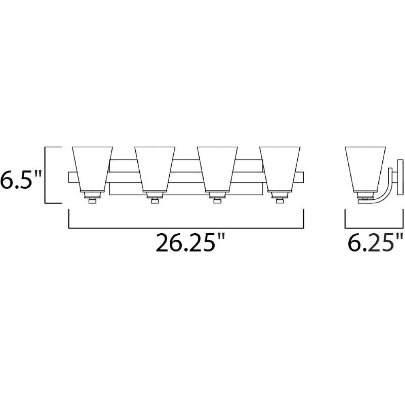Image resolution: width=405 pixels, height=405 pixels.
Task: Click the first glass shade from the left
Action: click(92, 169)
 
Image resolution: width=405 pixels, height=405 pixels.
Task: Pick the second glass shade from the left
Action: click(155, 169)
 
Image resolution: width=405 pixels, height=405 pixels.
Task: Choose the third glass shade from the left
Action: click(217, 169)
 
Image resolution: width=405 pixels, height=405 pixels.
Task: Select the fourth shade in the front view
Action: click(280, 169)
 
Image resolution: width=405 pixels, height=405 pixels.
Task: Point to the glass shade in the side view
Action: click(365, 169)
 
